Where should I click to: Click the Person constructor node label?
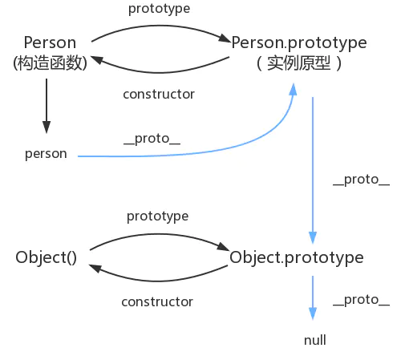tap(50, 42)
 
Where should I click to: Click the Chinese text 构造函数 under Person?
tap(50, 63)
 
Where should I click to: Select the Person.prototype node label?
tap(299, 42)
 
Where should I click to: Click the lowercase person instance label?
tap(46, 153)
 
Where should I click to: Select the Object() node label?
tap(46, 257)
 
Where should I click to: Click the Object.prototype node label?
tap(297, 257)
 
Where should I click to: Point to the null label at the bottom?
tap(315, 340)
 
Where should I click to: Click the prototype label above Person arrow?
tap(159, 10)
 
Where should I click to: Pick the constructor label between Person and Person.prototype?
tap(159, 94)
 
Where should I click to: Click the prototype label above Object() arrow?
tap(158, 216)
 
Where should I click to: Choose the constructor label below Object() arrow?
tap(157, 301)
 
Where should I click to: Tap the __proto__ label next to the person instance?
tap(152, 137)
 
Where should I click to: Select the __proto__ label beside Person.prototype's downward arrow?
tap(361, 180)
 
